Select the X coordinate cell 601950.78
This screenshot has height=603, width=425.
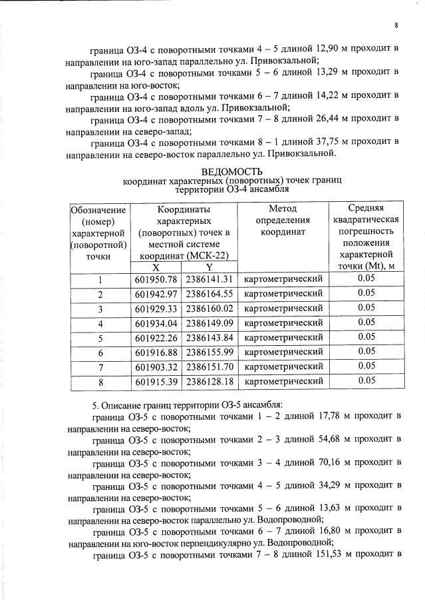(x=156, y=279)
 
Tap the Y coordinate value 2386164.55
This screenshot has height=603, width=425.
(x=210, y=294)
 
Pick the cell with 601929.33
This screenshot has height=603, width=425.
(x=156, y=308)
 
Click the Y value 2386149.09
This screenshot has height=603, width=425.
(x=210, y=323)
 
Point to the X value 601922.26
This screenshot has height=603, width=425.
(x=156, y=337)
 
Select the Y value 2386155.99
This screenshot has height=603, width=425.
(x=210, y=352)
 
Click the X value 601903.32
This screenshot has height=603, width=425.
(x=156, y=366)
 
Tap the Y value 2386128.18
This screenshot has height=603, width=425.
(x=210, y=381)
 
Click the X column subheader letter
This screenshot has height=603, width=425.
(x=156, y=267)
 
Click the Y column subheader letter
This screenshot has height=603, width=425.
(x=209, y=267)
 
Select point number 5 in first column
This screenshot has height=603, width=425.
(x=100, y=338)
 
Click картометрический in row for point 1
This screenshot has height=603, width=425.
(x=283, y=279)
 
